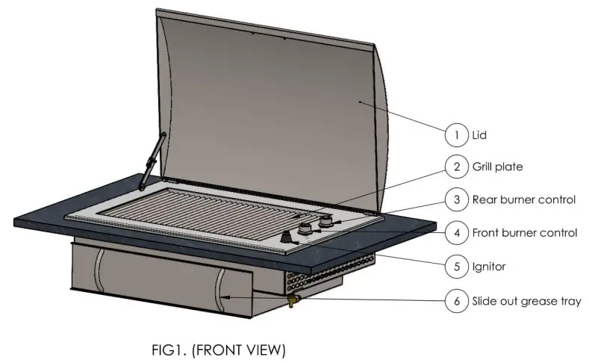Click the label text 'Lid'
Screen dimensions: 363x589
(479, 135)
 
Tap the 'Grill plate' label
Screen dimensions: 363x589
(497, 167)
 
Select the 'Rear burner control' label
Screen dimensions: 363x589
(523, 199)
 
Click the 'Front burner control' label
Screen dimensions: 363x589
(525, 232)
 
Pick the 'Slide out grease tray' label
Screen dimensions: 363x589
(526, 302)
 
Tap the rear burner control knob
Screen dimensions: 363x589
(325, 223)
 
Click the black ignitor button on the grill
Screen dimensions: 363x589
(287, 238)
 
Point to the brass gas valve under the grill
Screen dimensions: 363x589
(292, 300)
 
